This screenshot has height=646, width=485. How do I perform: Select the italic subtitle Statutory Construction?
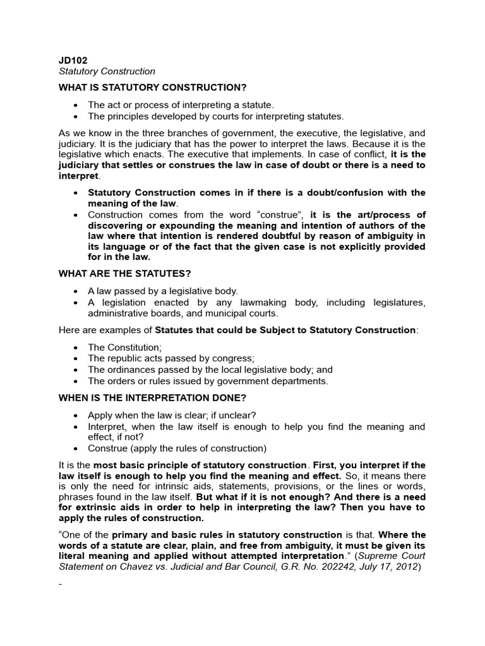coord(107,72)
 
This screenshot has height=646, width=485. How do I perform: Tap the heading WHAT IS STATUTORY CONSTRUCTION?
coord(152,86)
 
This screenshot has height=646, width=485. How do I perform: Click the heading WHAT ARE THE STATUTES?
coord(124,274)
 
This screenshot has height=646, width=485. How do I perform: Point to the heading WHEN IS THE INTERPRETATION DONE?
coord(152,398)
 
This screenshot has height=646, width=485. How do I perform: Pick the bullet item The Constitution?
coord(124,347)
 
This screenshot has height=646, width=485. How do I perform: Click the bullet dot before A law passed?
coord(76,291)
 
